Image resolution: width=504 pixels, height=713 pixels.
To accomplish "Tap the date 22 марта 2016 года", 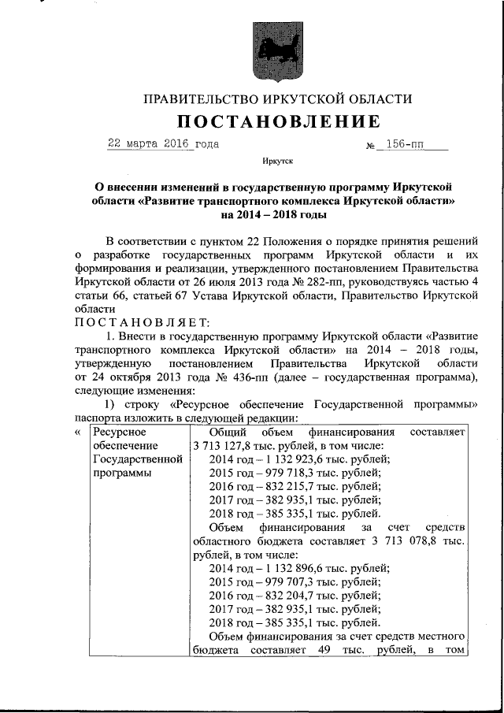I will tap(163, 144).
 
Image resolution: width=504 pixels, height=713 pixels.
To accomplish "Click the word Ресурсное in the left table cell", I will tap(118, 432).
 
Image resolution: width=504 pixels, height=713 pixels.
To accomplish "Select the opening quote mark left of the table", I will tap(77, 432).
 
